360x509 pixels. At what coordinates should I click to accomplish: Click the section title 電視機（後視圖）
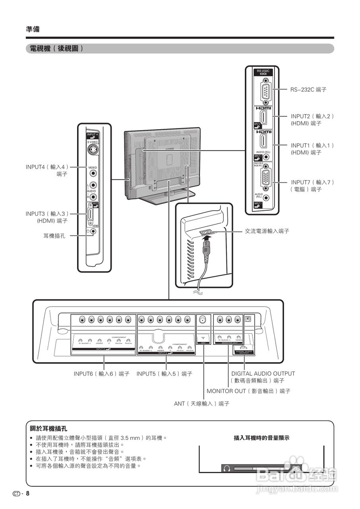(55, 49)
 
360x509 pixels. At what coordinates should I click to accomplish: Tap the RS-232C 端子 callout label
(308, 90)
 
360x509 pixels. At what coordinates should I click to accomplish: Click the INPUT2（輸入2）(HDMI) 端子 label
(312, 120)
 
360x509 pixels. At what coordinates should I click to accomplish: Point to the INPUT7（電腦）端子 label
(312, 186)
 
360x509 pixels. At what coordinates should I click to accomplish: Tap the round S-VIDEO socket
(93, 150)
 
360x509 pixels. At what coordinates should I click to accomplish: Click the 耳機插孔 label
(54, 236)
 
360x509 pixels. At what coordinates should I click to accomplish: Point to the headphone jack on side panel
(93, 231)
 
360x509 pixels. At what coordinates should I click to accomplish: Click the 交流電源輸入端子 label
(267, 231)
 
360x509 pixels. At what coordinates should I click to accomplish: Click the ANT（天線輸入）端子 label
(201, 403)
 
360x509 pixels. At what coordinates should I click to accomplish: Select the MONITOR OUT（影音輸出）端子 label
(248, 391)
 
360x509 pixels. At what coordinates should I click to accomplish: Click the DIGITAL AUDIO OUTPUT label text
(263, 374)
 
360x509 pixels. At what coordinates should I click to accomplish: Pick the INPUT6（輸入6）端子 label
(101, 374)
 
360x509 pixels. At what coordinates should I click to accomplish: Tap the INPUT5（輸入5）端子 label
(164, 374)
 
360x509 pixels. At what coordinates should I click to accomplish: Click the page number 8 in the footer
(28, 493)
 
